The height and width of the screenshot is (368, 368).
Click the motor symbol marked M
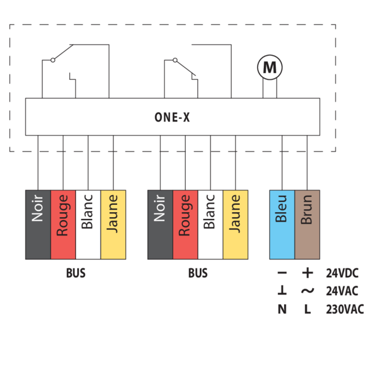pos(269,67)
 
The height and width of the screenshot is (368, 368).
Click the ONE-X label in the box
pos(172,116)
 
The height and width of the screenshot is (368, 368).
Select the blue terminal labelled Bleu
pos(282,224)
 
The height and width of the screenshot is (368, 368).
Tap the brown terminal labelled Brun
pos(307,224)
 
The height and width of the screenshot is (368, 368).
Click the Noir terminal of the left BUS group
pos(38,224)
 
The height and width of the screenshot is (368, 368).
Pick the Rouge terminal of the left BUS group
pos(63,224)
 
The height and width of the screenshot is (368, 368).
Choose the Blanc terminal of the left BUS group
pos(88,224)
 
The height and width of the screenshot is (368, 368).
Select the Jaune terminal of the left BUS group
pos(113,224)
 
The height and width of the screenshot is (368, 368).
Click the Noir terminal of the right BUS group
pos(160,224)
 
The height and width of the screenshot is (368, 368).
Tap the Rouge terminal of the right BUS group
pos(185,224)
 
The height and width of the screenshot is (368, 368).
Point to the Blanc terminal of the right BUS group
pos(210,224)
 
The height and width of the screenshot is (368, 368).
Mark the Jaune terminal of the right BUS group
pos(236,224)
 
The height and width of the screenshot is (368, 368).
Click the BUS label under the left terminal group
pos(75,274)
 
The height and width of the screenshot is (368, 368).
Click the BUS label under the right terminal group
pos(197,274)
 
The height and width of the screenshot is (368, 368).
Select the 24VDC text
pos(343,274)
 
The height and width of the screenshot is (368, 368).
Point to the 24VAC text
pos(343,291)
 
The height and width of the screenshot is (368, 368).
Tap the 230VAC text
pos(345,309)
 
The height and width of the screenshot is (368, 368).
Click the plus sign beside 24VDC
pos(307,274)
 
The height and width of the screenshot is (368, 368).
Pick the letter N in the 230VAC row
pos(282,309)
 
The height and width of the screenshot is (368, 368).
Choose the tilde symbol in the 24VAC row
pos(307,291)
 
